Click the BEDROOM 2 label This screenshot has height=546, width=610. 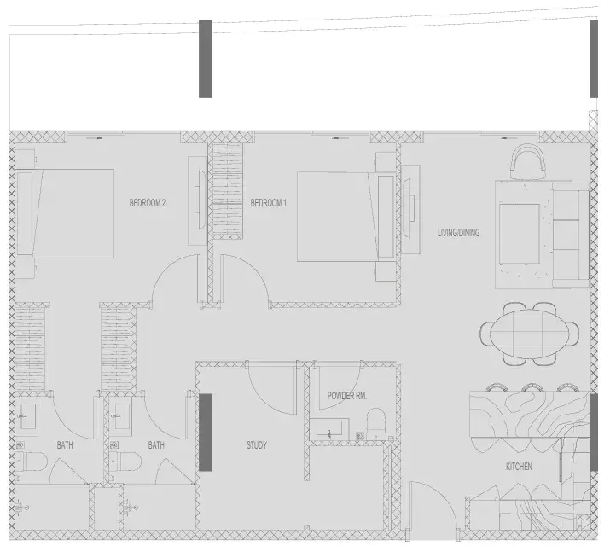pos(148,202)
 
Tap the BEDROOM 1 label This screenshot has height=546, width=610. pos(269,202)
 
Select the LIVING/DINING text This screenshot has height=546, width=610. pos(459,233)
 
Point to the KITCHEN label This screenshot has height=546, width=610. pos(519,467)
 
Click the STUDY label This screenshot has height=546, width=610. pos(257,444)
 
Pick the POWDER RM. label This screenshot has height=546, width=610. pos(347,396)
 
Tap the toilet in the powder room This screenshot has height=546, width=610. pos(375,424)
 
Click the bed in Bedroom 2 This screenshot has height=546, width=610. pos(65,213)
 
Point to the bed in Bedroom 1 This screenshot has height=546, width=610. pos(346,217)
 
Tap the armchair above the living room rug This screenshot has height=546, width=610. pos(529,161)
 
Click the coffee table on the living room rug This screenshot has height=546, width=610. pos(520,234)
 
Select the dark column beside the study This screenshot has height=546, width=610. pos(206,433)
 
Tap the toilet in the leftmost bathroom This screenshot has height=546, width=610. pos(32,462)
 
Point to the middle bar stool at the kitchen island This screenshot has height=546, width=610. pos(531,387)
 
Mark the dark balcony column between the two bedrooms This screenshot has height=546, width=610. pos(206,59)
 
